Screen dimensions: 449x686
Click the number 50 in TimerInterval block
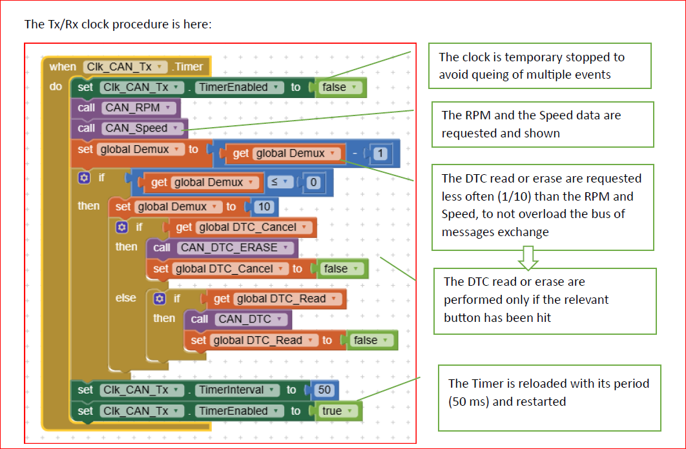pyautogui.click(x=324, y=390)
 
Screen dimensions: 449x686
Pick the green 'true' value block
pyautogui.click(x=334, y=411)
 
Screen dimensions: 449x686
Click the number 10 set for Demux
pyautogui.click(x=264, y=207)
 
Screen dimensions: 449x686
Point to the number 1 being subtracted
pyautogui.click(x=382, y=154)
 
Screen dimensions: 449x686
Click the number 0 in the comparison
pyautogui.click(x=314, y=183)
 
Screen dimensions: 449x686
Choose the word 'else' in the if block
pyautogui.click(x=126, y=298)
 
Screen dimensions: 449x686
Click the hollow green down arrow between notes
pyautogui.click(x=529, y=259)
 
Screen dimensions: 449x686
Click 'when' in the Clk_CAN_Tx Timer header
pyautogui.click(x=63, y=66)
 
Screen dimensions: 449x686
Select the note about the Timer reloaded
pyautogui.click(x=549, y=392)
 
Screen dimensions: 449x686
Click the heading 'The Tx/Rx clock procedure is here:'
pyautogui.click(x=118, y=25)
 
